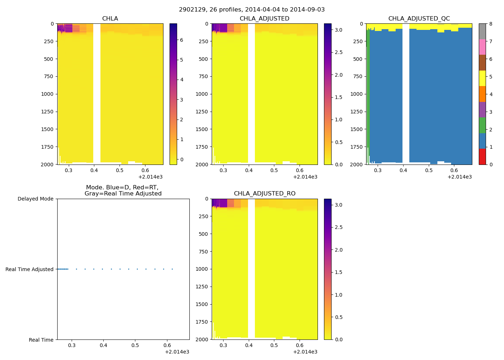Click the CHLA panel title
pos(110,19)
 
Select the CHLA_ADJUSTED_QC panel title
pos(419,19)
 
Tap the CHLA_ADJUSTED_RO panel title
pos(265,194)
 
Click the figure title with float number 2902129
pos(252,10)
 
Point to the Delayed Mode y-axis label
pos(35,199)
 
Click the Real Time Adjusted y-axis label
pos(29,269)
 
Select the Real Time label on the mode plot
pos(41,340)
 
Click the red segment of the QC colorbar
pos(482,157)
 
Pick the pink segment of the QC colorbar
pos(482,47)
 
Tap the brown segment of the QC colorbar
pos(482,63)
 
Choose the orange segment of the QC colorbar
pos(482,94)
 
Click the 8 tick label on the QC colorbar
pos(491,24)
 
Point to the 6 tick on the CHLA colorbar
pos(181,40)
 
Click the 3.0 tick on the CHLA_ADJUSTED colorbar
pos(338,30)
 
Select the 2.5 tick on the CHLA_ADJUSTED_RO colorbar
pos(338,227)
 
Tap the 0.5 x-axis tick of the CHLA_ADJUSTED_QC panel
pos(429,170)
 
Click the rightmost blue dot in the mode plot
pos(172,269)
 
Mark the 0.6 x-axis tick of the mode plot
pos(167,346)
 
